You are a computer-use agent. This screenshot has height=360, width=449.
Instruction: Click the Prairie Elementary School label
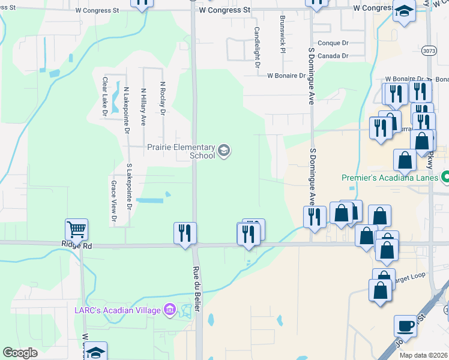pyautogui.click(x=181, y=151)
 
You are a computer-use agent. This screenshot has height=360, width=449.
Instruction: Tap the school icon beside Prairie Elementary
pyautogui.click(x=224, y=150)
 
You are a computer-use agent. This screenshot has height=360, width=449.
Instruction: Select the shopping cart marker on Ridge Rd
pyautogui.click(x=77, y=229)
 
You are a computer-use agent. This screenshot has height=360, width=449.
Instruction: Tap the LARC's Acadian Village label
pyautogui.click(x=118, y=310)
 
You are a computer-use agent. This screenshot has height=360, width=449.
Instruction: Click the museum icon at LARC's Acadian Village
pyautogui.click(x=170, y=310)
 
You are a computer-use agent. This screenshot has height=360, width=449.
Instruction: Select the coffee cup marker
pyautogui.click(x=405, y=326)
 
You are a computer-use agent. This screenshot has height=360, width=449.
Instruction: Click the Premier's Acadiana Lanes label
pyautogui.click(x=390, y=178)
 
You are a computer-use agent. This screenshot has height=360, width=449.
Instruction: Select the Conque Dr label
pyautogui.click(x=333, y=43)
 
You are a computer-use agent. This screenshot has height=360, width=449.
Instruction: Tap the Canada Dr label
pyautogui.click(x=333, y=56)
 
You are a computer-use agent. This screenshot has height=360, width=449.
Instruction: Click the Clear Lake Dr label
pyautogui.click(x=105, y=96)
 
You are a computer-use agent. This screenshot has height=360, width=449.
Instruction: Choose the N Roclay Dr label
pyautogui.click(x=162, y=98)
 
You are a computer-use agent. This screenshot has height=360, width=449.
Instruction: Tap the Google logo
pyautogui.click(x=20, y=353)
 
